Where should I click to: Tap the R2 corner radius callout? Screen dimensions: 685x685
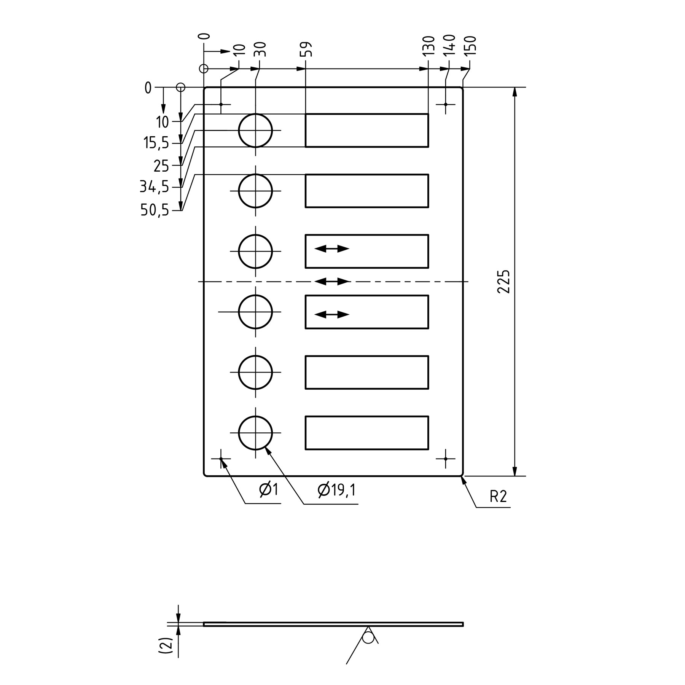coord(498,497)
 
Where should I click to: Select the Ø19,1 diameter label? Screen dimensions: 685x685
coord(336,491)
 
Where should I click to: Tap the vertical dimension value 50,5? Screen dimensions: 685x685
coord(155,210)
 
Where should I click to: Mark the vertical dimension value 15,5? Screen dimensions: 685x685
coord(156,143)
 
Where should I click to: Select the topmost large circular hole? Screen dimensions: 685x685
coord(255,131)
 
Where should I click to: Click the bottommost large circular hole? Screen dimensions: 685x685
coord(255,433)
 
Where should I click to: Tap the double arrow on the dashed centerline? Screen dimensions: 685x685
coord(332,282)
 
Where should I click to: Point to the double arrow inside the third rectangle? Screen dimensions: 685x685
coord(332,249)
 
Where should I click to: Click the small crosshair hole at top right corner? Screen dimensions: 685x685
coord(446,104)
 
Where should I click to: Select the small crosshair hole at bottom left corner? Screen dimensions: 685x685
coord(221,459)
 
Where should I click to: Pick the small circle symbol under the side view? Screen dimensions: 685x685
coord(368,637)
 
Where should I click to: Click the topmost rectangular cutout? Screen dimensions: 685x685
coord(367,130)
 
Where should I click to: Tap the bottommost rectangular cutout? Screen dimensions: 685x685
coord(367,433)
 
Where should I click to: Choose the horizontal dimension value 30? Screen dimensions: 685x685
coord(262,49)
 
